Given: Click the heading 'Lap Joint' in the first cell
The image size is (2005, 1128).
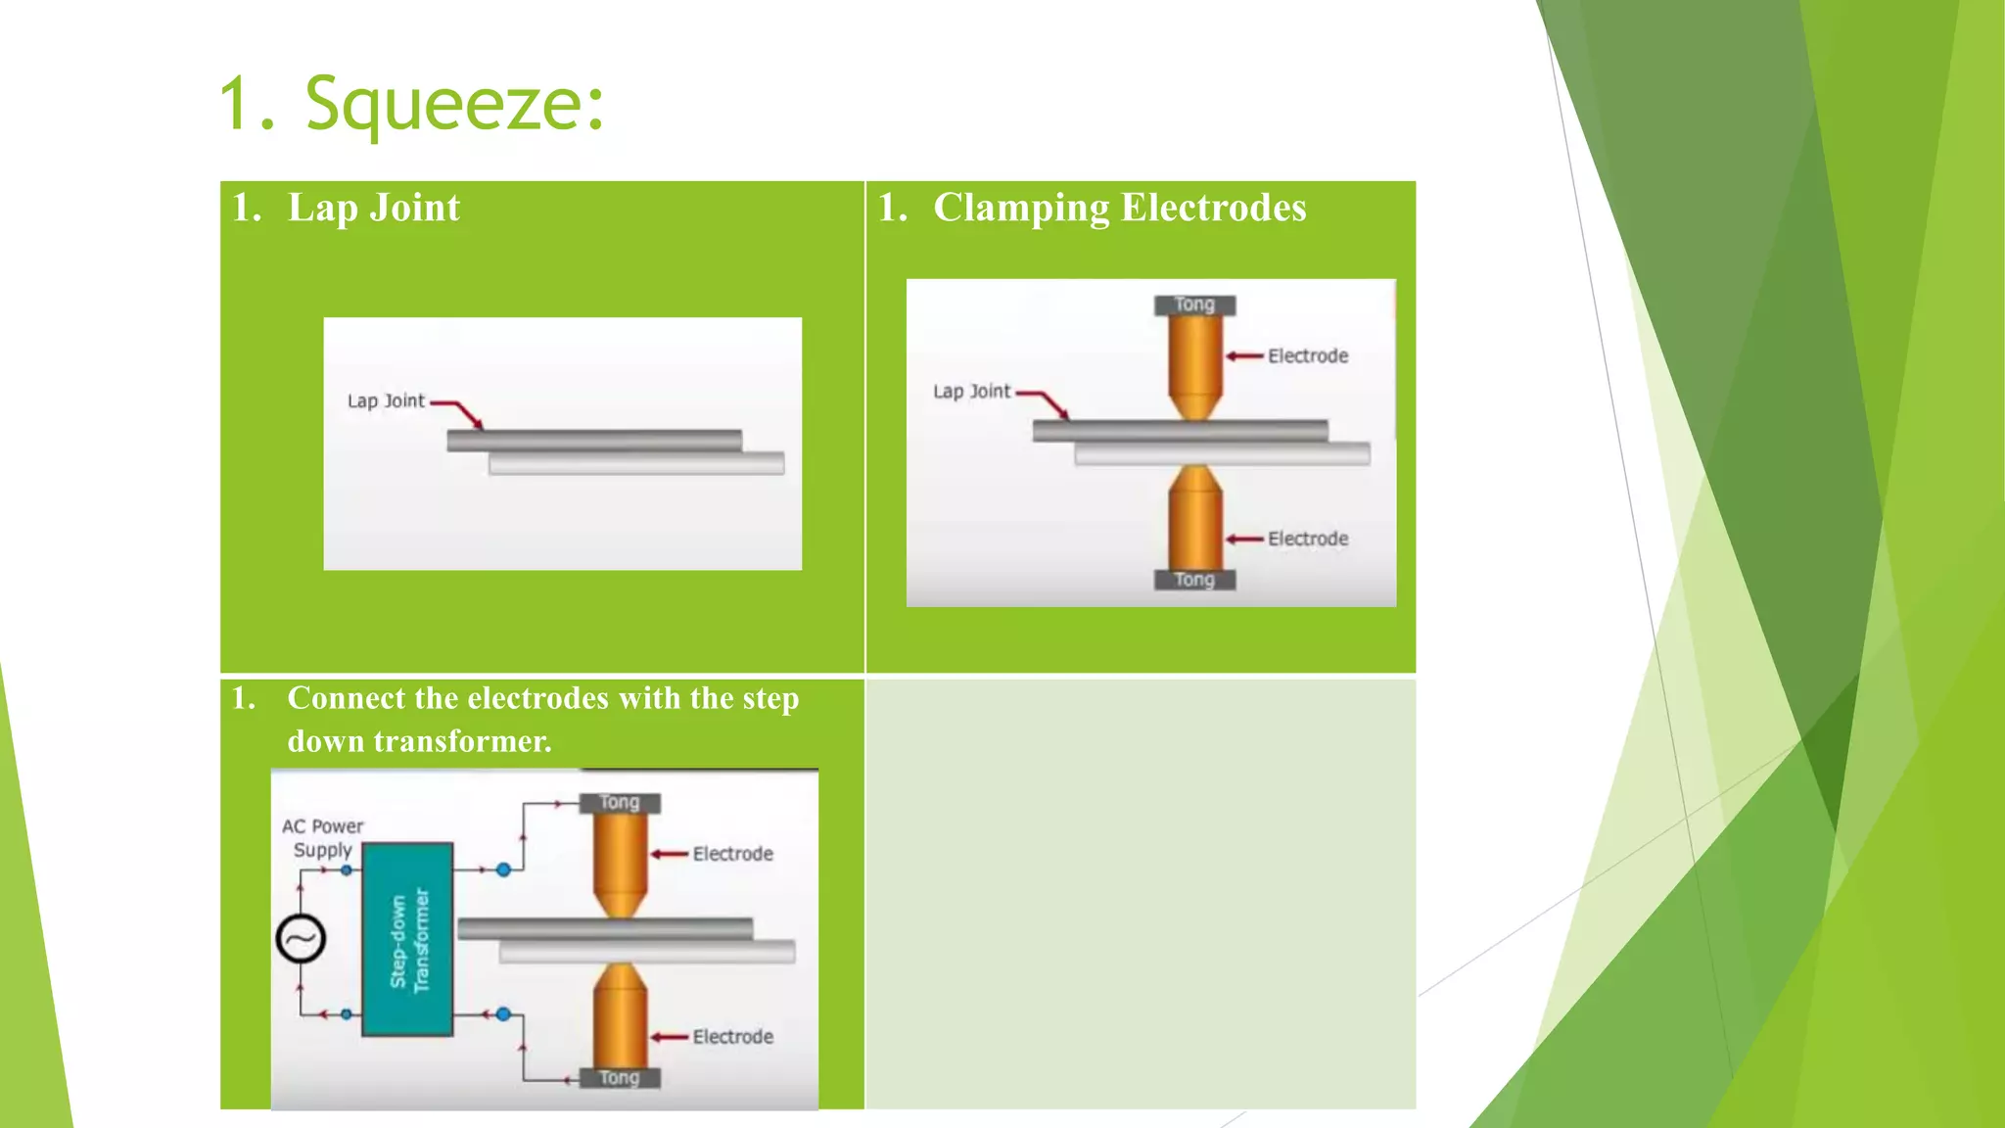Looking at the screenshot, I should (x=373, y=209).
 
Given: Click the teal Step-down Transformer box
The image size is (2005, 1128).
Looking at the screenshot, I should (x=407, y=939).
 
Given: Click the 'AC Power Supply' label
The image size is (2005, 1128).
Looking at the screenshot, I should (x=323, y=838).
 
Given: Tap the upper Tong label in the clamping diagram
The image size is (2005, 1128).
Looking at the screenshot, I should (x=1194, y=305).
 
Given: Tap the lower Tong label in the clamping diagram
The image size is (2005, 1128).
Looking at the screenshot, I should (x=1194, y=580).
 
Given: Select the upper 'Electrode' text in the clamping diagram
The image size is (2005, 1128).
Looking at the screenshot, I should (x=1308, y=356).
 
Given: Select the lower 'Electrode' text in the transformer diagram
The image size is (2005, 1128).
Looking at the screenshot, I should (x=732, y=1037).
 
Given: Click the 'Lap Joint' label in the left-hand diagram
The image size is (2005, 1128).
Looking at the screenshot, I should (x=386, y=401).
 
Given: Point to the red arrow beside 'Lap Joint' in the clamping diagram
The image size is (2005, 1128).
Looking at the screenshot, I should (x=1046, y=400).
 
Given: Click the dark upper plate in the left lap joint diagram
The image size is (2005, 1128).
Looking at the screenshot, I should (x=594, y=441).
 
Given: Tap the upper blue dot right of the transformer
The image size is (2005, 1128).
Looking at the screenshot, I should (x=503, y=869).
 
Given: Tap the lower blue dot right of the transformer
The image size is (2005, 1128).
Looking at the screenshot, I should (x=503, y=1014).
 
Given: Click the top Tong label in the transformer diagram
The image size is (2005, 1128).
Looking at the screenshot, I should (x=620, y=803).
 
